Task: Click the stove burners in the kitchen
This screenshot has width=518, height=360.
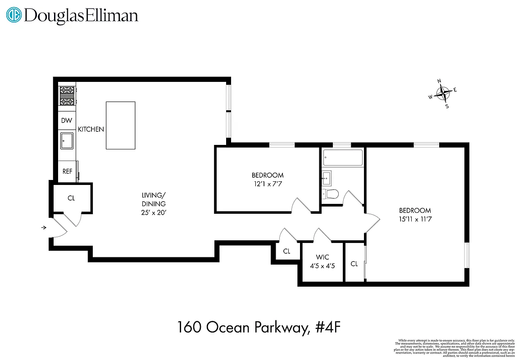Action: click(x=67, y=96)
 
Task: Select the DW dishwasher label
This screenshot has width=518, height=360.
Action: click(x=67, y=121)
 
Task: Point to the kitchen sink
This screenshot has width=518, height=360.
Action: click(x=68, y=140)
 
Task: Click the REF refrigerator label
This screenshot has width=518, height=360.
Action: click(x=67, y=171)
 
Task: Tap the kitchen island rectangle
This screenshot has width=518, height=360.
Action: click(x=120, y=125)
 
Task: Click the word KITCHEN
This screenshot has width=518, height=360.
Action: click(x=91, y=129)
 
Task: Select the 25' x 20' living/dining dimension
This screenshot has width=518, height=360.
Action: click(x=154, y=212)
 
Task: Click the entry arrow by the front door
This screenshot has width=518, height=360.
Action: click(x=44, y=228)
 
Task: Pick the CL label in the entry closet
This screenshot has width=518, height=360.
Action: click(x=71, y=198)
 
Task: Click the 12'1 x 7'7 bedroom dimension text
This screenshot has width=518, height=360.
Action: click(x=268, y=184)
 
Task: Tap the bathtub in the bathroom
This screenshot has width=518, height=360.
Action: click(x=342, y=158)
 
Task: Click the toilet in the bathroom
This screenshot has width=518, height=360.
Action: click(x=331, y=194)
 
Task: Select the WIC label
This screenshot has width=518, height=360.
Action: click(x=322, y=257)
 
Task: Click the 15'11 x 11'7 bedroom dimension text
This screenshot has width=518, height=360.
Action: click(x=415, y=219)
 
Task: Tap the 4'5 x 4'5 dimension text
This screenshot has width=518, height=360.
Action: click(x=322, y=265)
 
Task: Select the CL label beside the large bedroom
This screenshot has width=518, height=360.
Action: click(x=354, y=264)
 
